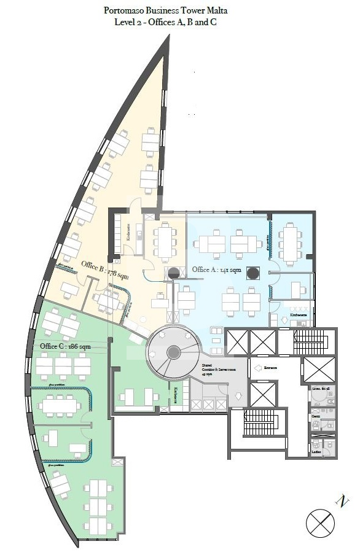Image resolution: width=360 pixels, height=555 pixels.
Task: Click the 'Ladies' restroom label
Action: click(x=316, y=452)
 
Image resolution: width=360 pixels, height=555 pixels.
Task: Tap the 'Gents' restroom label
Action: click(x=315, y=416)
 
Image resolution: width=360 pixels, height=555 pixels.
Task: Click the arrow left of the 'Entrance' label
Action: click(x=259, y=368)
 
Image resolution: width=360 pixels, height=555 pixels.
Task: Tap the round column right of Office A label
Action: click(x=252, y=272)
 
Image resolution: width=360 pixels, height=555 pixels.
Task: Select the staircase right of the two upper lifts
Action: click(x=315, y=343)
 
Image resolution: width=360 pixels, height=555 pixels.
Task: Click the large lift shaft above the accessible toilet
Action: click(x=320, y=369)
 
